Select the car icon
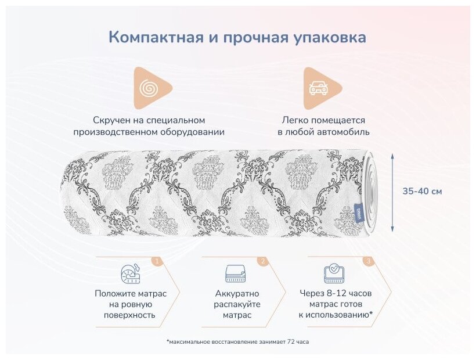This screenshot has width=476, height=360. (318, 88)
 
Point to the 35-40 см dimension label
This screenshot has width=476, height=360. (423, 191)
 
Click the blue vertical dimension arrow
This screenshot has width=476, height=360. (393, 192)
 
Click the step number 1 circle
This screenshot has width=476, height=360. (156, 261)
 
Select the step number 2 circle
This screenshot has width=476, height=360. (262, 261)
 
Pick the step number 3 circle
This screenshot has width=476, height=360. (368, 261)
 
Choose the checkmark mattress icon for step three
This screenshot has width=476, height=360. (334, 273)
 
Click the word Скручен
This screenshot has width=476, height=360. (111, 120)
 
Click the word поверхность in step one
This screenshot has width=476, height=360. (131, 315)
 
